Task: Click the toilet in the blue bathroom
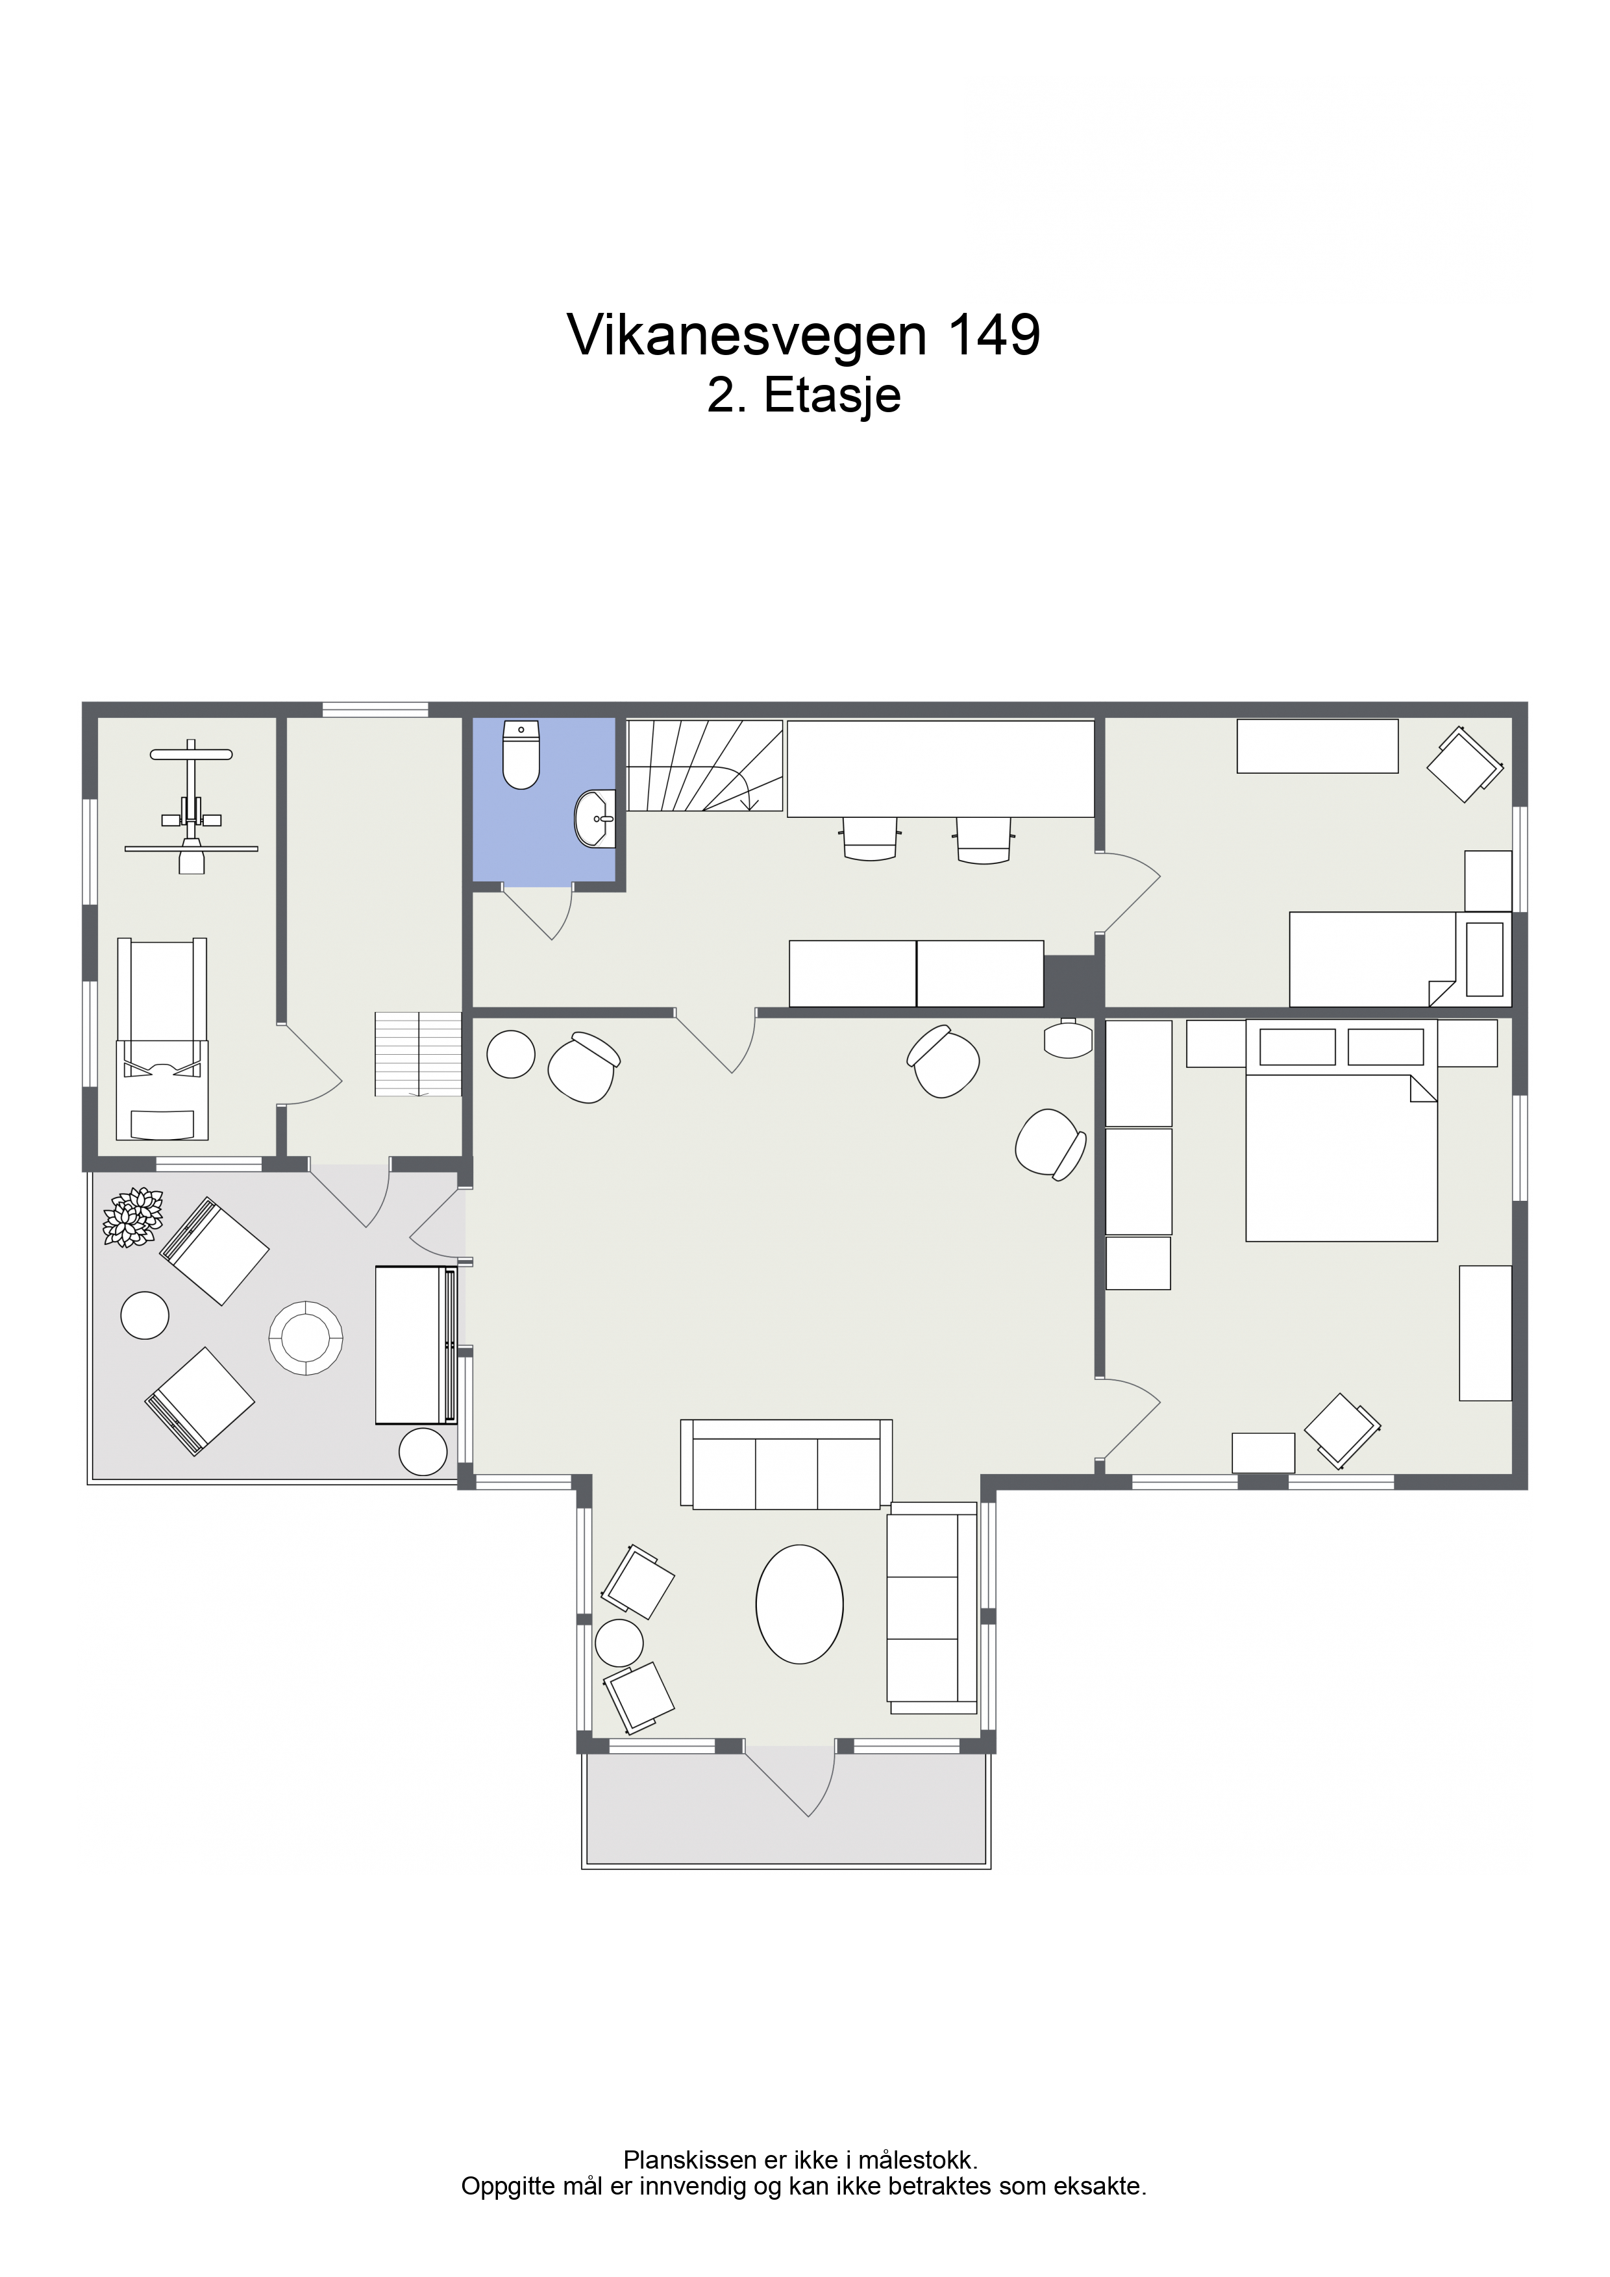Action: coord(522,756)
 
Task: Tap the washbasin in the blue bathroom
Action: coord(596,819)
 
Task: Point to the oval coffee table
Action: coord(800,1604)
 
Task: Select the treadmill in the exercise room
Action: coord(163,1039)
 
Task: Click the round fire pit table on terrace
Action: coord(306,1338)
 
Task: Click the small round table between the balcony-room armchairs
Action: coord(619,1642)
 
